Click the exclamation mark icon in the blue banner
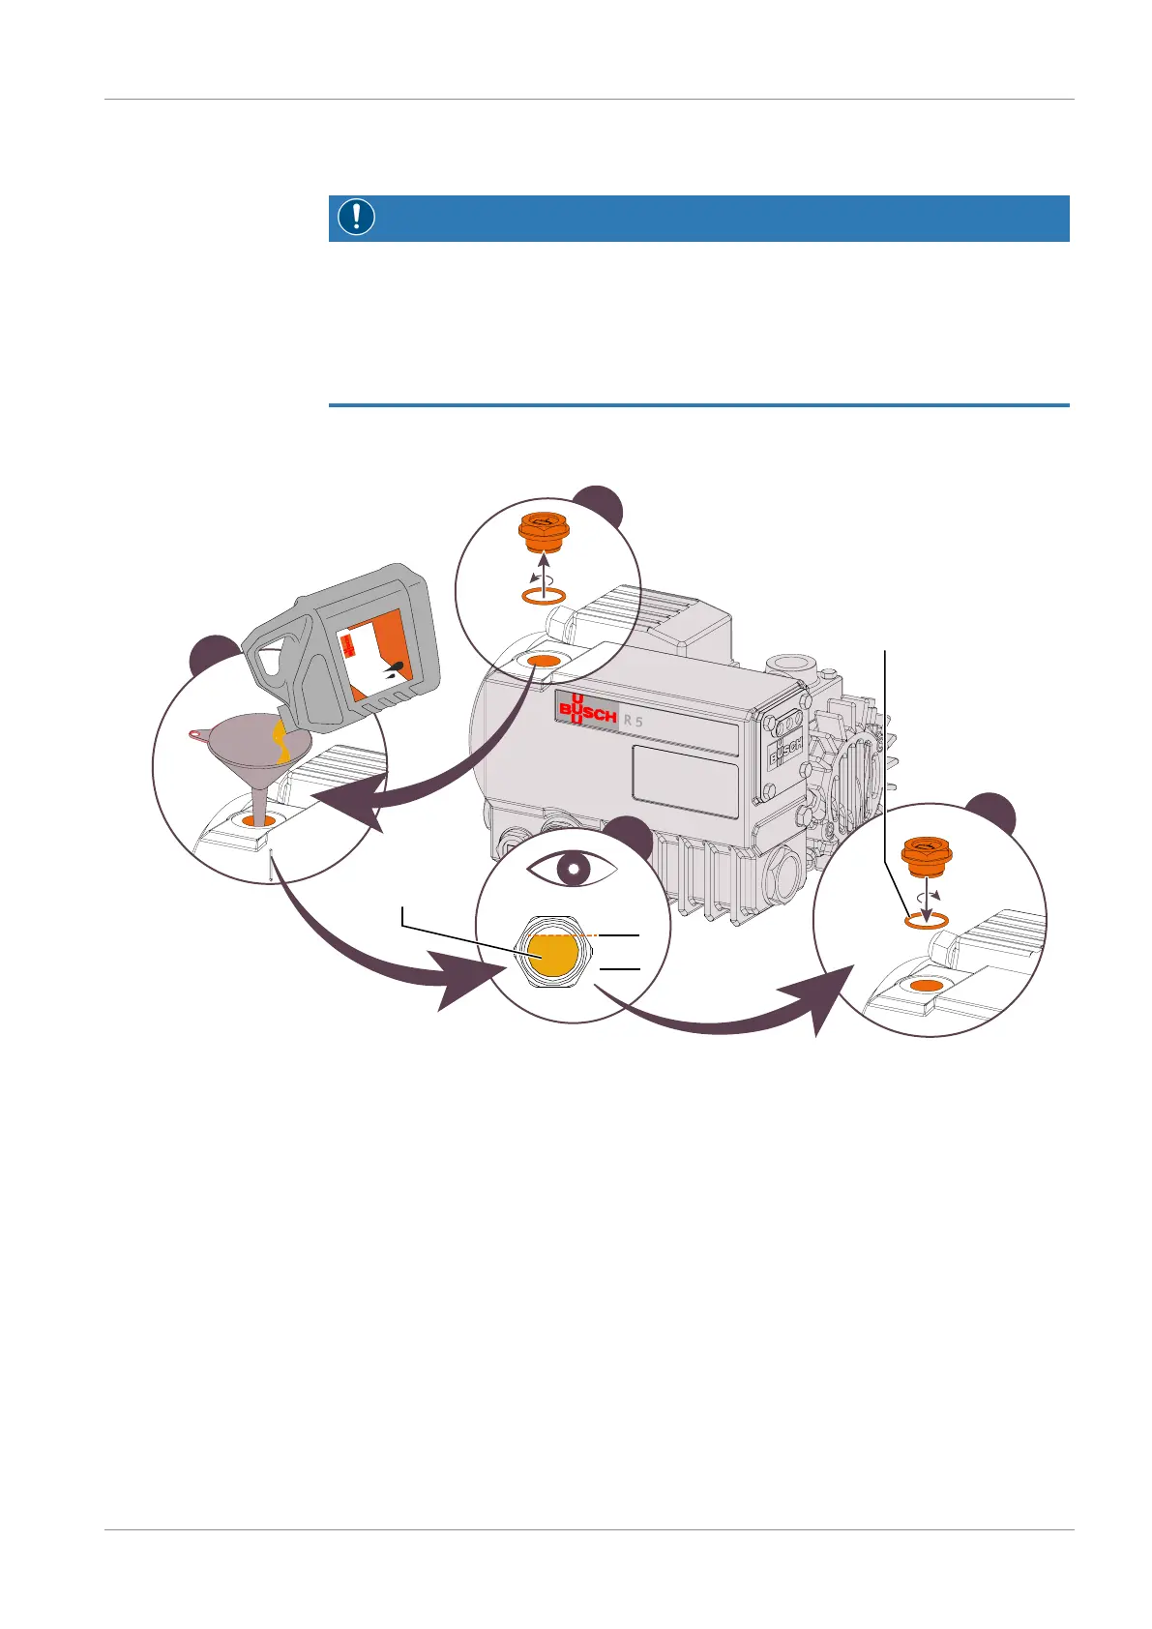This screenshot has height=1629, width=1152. pos(357,218)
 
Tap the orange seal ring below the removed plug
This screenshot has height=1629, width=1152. pos(543,597)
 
